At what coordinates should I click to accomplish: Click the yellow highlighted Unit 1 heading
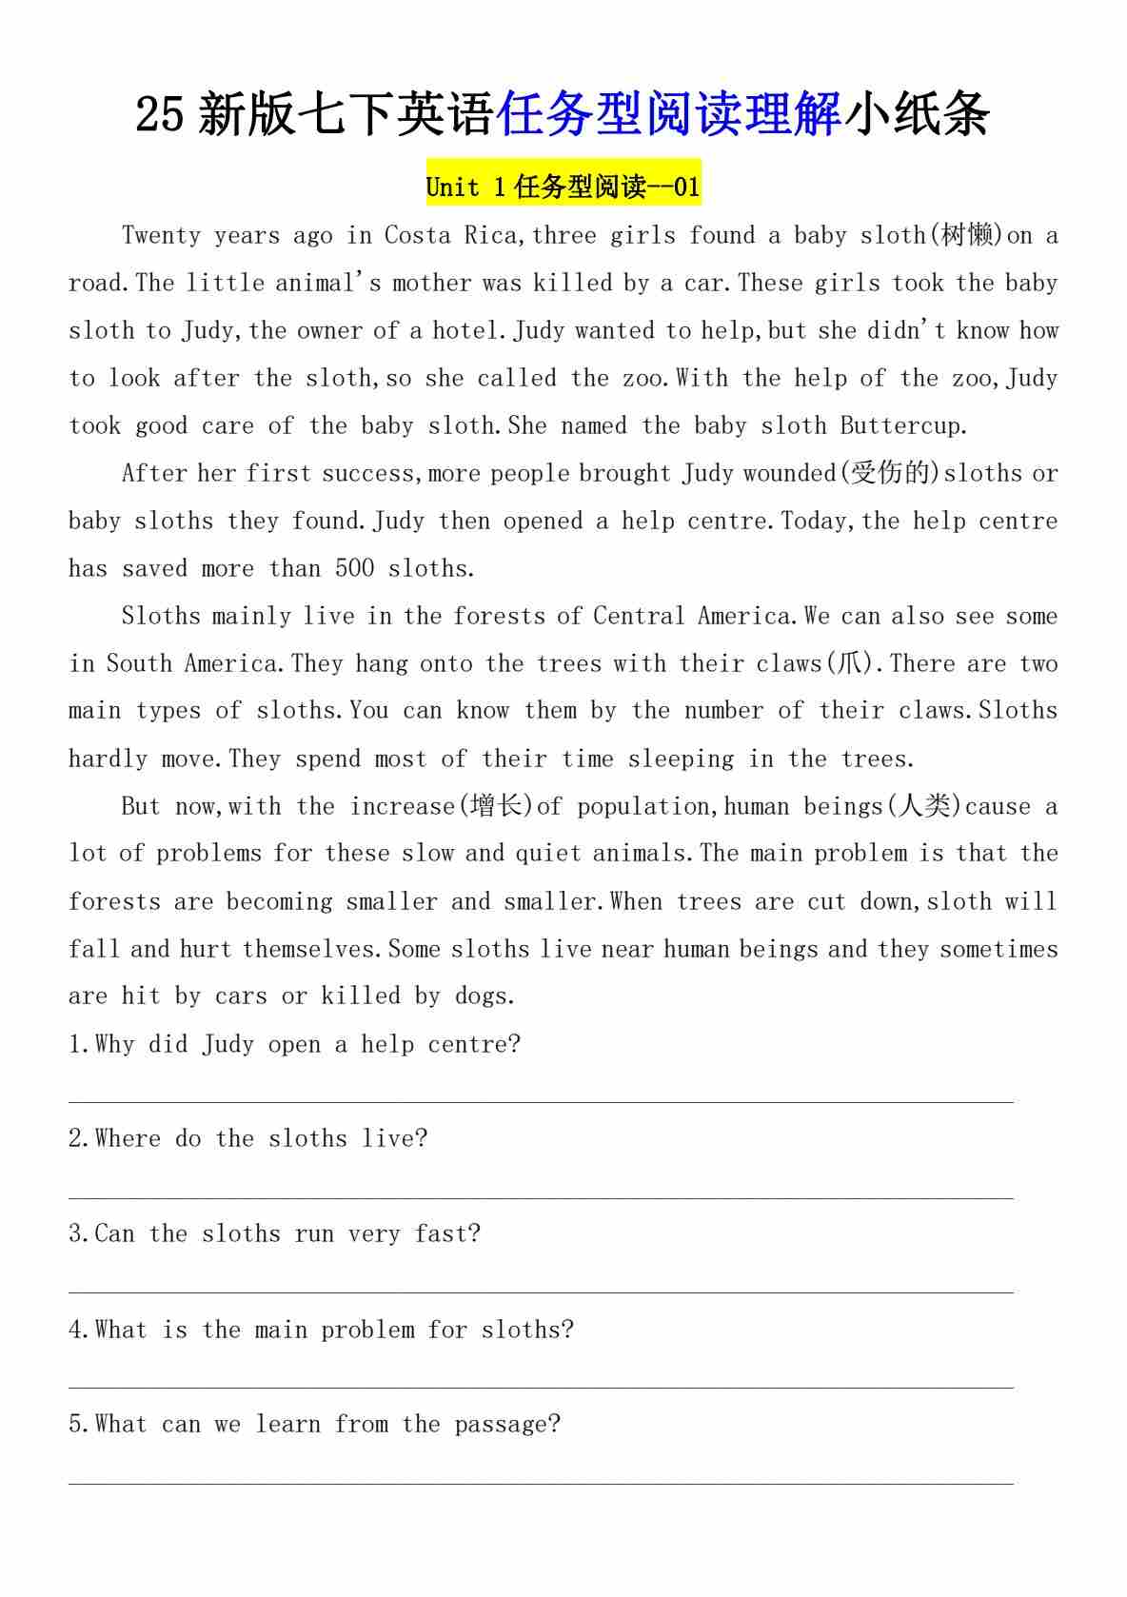pyautogui.click(x=563, y=187)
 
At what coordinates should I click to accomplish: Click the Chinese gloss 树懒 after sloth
pyautogui.click(x=966, y=235)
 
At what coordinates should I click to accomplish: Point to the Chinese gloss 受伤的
pyautogui.click(x=889, y=473)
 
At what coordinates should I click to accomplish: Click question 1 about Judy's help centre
pyautogui.click(x=295, y=1044)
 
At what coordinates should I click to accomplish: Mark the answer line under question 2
pyautogui.click(x=541, y=1197)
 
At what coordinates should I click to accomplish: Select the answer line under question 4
pyautogui.click(x=541, y=1388)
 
